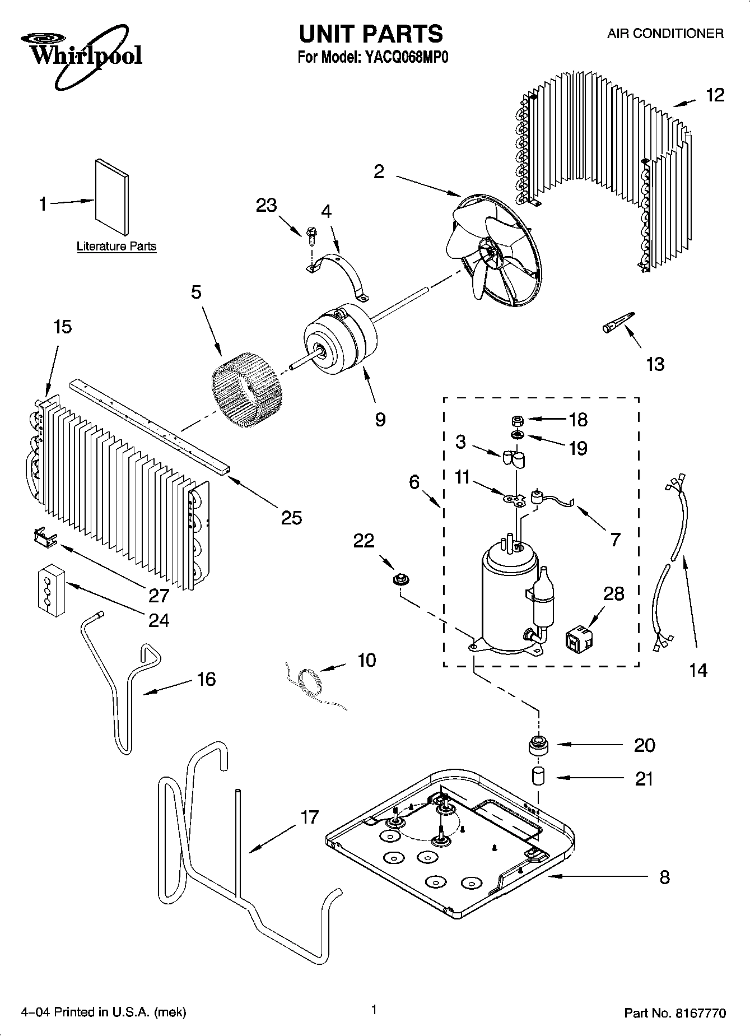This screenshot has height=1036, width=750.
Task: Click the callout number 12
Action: click(x=715, y=95)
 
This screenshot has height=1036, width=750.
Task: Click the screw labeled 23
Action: click(x=311, y=234)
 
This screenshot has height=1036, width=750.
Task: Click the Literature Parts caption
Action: click(x=116, y=247)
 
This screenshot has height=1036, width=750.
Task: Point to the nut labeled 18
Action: click(x=518, y=420)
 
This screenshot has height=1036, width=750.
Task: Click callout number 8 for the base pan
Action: click(x=664, y=876)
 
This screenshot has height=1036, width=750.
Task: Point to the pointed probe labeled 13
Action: click(x=618, y=323)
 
